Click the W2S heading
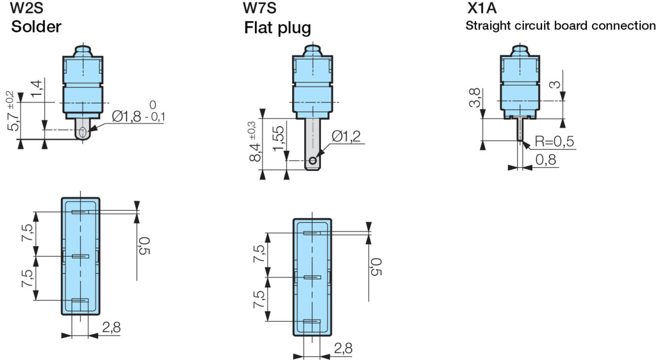27,8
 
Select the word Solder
36,27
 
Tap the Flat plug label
277,28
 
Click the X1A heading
481,8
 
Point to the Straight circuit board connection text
560,25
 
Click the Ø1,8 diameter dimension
126,117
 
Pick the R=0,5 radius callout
554,142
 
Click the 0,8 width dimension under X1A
546,160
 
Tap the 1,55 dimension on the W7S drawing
278,139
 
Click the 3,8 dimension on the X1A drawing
475,98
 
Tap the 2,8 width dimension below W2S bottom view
111,327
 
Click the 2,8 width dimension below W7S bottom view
342,348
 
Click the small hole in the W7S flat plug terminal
313,160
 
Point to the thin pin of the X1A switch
519,129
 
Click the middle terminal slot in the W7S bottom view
312,277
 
